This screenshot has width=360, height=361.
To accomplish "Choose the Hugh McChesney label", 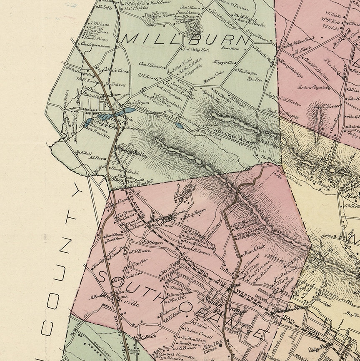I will point(283,113).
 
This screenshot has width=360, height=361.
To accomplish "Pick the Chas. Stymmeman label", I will point(96,45).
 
